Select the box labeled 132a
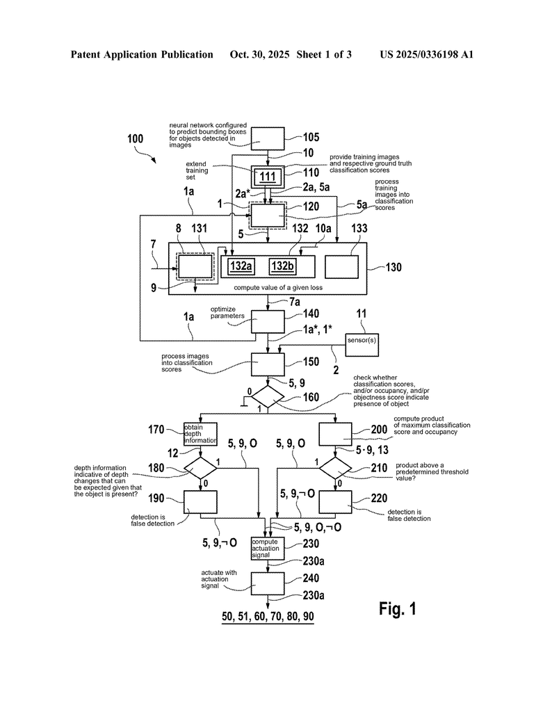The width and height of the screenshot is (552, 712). click(239, 266)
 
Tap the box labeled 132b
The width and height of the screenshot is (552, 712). click(283, 266)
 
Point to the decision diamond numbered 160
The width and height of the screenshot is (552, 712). click(268, 397)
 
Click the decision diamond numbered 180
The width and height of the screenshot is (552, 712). click(200, 467)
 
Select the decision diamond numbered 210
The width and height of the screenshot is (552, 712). click(336, 467)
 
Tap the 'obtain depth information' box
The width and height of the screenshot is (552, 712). click(200, 435)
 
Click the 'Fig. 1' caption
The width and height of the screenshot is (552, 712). click(398, 609)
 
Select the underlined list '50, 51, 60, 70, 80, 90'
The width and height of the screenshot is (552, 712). click(268, 617)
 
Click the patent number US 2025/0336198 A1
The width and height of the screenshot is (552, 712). click(426, 54)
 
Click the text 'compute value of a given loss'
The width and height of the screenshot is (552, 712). click(268, 287)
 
